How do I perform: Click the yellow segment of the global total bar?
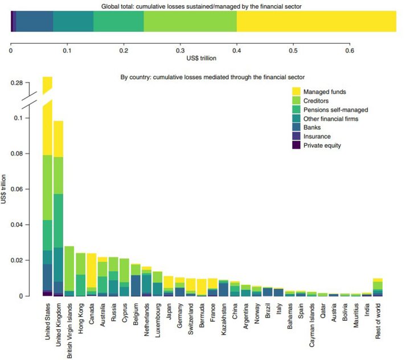(x=317, y=21)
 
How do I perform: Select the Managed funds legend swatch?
(x=296, y=92)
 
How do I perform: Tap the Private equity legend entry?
(x=317, y=145)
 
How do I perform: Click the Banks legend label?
(x=312, y=128)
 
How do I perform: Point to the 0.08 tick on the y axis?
(x=27, y=153)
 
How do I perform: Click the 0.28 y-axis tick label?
(x=17, y=83)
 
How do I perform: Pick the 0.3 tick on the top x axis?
(x=180, y=45)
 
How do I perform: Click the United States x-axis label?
(x=47, y=321)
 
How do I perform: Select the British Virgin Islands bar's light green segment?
(x=69, y=268)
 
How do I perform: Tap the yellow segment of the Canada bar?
(x=92, y=270)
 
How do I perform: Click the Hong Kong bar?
(x=80, y=275)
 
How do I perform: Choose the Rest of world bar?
(x=378, y=287)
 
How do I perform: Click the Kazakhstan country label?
(x=224, y=319)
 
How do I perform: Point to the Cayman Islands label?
(x=311, y=325)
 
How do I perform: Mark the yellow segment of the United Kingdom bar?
(x=58, y=139)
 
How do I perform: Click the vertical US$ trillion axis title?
(x=3, y=189)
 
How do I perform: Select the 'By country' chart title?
(x=212, y=77)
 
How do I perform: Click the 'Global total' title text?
(x=202, y=6)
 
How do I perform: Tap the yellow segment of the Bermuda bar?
(x=202, y=287)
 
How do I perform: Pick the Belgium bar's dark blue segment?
(x=136, y=286)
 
